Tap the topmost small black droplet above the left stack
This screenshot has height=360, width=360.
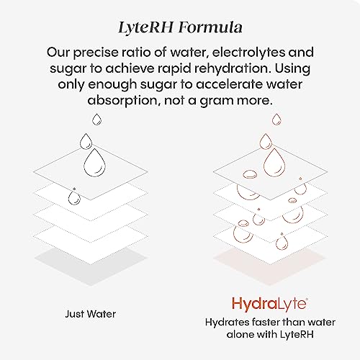click(94, 119)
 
